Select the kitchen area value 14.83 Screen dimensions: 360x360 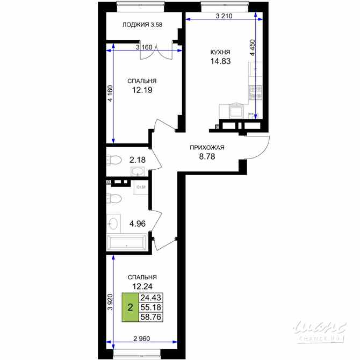point(221,62)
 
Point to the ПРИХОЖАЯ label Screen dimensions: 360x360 point(207,148)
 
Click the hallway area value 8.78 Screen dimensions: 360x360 point(207,157)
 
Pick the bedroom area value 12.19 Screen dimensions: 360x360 point(142,90)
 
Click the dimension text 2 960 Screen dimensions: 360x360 point(142,337)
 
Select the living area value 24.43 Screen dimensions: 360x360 point(151,298)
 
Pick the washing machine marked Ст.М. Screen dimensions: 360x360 point(142,187)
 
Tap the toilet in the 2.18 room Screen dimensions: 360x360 point(113,160)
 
